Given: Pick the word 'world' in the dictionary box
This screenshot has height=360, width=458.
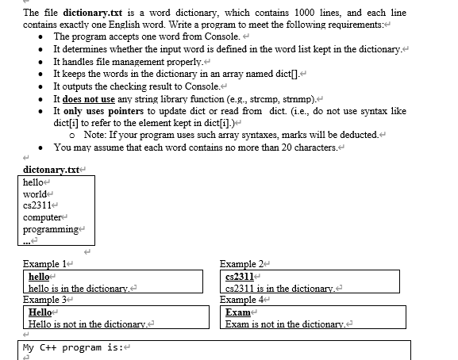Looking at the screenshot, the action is point(34,194).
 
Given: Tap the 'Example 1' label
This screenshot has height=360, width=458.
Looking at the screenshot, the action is point(44,263).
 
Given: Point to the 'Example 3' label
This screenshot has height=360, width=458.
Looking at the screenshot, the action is point(44,300).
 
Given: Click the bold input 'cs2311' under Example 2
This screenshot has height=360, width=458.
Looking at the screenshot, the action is point(241,276).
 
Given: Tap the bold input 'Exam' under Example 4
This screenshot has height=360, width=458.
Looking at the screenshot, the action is point(237,312).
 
